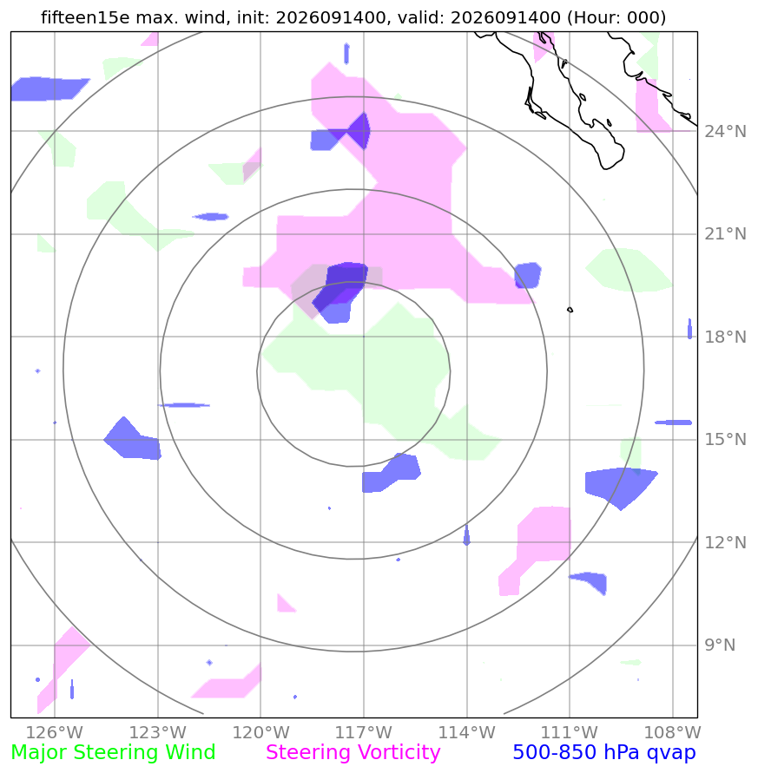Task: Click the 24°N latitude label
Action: (x=725, y=132)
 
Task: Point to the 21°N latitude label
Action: (x=725, y=234)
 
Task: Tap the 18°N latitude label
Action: (x=725, y=337)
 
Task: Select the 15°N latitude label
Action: (x=725, y=439)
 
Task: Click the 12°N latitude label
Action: (x=725, y=543)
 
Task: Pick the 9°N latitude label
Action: (x=720, y=645)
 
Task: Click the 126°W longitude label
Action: (x=55, y=732)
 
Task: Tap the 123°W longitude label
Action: (x=158, y=732)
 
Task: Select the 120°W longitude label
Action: (x=260, y=732)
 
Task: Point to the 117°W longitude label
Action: (x=364, y=732)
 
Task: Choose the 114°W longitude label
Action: (x=467, y=732)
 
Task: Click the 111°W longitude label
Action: (x=570, y=732)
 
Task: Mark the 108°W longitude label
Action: (x=673, y=732)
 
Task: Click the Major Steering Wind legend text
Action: (x=113, y=753)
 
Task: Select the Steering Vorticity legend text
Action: (x=353, y=753)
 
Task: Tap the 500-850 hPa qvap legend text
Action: (x=604, y=753)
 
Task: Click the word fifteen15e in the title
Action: (x=85, y=17)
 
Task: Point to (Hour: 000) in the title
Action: (x=616, y=17)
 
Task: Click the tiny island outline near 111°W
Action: (x=570, y=310)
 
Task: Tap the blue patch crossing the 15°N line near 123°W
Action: (x=132, y=439)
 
